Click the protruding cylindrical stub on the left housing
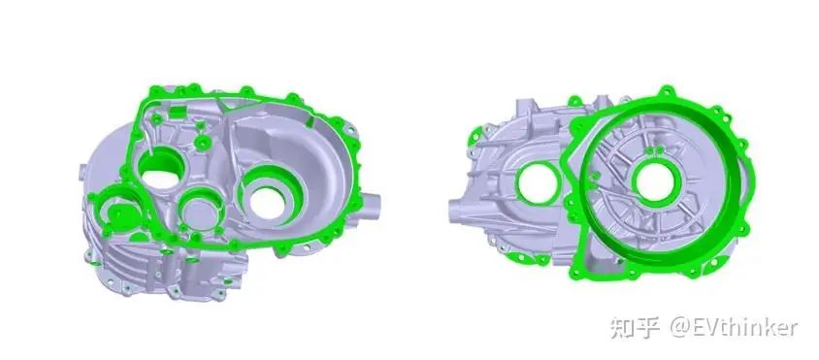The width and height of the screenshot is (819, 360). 371,205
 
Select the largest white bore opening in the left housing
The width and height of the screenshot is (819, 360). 268,203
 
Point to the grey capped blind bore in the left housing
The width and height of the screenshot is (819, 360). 200,212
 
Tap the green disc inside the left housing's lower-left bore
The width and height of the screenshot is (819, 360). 120,213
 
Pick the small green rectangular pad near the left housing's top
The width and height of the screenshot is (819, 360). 179,112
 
